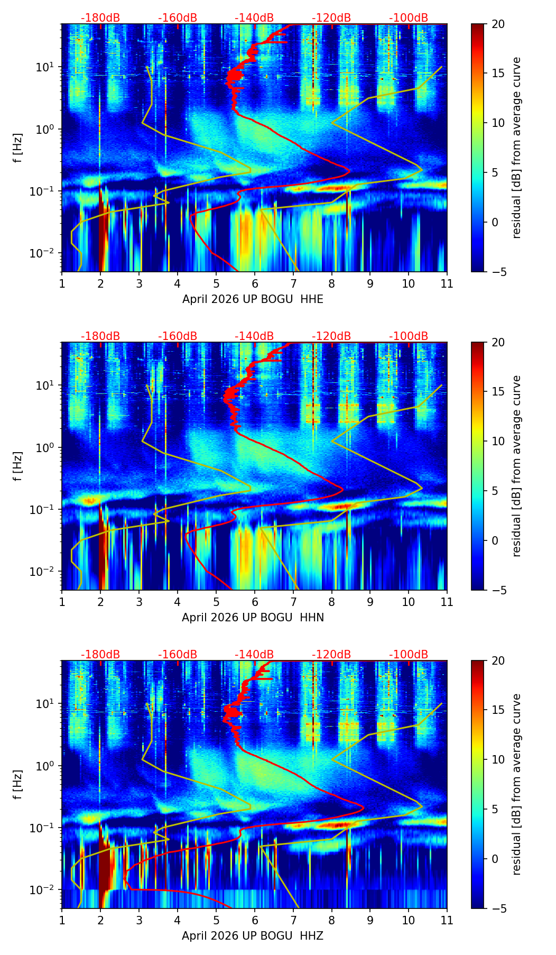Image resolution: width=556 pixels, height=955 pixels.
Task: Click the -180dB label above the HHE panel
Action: coord(100,18)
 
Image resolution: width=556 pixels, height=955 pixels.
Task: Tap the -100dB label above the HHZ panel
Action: coord(409,655)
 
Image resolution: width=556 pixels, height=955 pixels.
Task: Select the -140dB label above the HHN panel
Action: coord(254,336)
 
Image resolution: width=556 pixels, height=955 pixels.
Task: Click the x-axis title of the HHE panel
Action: coord(253,299)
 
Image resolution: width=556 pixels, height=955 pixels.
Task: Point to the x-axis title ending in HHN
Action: coord(253,618)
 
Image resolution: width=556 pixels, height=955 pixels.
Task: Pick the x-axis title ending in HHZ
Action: coord(253,936)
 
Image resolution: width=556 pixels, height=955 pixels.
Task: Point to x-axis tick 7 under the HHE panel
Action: coord(293,283)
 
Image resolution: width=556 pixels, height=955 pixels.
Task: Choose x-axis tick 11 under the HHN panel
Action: coord(447,602)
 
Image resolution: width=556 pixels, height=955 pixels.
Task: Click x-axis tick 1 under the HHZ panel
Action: coord(62,920)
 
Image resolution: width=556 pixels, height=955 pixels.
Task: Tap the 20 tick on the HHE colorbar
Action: coord(498,24)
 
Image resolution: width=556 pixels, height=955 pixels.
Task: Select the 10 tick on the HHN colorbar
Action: coord(498,441)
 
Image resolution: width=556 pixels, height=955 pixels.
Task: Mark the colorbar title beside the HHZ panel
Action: coord(516,784)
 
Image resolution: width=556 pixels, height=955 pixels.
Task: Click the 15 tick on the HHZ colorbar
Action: coord(498,710)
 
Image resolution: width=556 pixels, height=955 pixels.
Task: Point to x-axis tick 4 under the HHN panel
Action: coord(178,602)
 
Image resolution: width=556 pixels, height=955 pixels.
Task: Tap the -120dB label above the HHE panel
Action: coord(331,18)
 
